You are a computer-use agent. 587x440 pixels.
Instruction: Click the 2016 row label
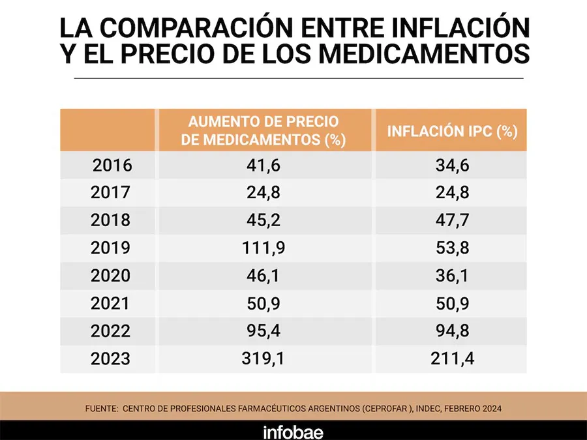tap(112, 166)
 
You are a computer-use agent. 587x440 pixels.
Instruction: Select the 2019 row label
tap(112, 248)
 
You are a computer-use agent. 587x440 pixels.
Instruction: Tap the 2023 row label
tap(112, 359)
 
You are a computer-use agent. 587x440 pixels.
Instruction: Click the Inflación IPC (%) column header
tap(452, 130)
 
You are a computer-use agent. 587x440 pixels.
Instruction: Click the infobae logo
tap(293, 431)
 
